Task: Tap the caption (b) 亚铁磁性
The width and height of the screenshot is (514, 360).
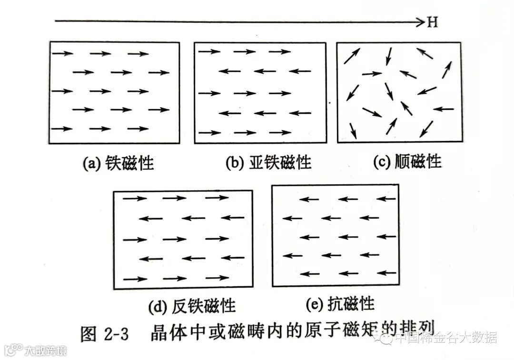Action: pyautogui.click(x=268, y=163)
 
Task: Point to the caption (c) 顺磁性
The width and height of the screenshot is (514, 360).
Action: pyautogui.click(x=407, y=162)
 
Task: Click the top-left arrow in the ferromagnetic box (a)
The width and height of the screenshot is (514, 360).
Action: pyautogui.click(x=61, y=53)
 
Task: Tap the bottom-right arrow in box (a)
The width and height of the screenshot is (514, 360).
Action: pyautogui.click(x=138, y=129)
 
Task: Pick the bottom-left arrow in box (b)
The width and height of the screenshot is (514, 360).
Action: pyautogui.click(x=209, y=133)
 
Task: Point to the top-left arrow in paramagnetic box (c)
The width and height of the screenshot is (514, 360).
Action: pyautogui.click(x=352, y=56)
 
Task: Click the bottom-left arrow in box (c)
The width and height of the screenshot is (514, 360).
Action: pyautogui.click(x=353, y=130)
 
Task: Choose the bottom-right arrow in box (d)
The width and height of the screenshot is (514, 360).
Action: pyautogui.click(x=210, y=279)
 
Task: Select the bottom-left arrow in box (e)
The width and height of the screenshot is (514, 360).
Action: pyautogui.click(x=310, y=274)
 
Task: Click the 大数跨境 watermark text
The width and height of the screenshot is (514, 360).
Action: pyautogui.click(x=46, y=351)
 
